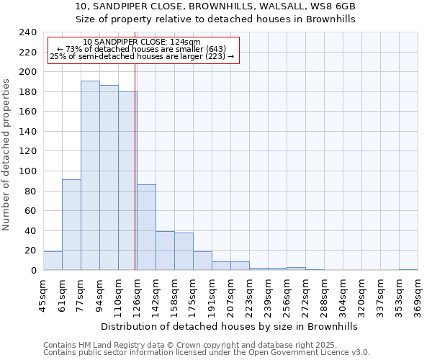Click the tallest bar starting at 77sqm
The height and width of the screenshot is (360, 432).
tap(90, 176)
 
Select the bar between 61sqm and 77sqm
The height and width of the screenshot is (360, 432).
tap(71, 225)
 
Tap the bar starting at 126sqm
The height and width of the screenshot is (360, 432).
tap(146, 228)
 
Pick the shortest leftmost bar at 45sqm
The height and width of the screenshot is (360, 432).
tap(53, 261)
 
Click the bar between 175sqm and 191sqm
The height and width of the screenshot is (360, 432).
tap(202, 261)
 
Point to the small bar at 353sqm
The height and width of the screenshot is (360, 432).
tap(408, 269)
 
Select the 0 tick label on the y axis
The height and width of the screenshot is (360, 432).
tap(33, 271)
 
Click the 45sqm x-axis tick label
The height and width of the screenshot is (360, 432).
tap(43, 295)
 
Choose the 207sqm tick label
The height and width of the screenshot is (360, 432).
tap(230, 295)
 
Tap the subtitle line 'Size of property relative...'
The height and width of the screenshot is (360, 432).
tap(216, 19)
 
